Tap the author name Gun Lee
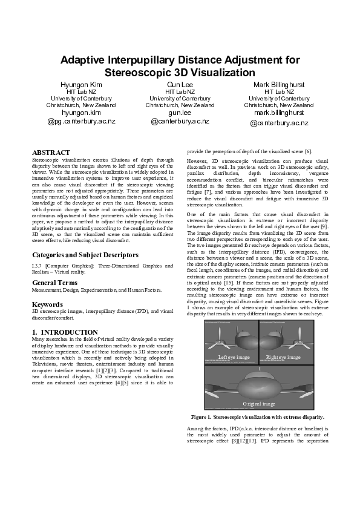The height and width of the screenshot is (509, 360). click(180, 84)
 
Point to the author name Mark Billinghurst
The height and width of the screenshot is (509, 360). click(279, 84)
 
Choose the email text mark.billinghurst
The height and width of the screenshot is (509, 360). click(279, 113)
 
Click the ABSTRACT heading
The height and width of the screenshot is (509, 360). click(51, 153)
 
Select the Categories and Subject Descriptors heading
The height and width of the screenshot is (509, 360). click(85, 255)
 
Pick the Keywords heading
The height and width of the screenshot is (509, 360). click(48, 304)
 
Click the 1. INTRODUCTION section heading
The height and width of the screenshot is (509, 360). click(65, 332)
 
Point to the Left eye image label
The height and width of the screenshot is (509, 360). click(234, 358)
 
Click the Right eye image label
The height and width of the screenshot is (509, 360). click(283, 358)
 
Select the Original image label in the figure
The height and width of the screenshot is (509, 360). click(259, 404)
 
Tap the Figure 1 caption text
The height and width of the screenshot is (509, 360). click(258, 417)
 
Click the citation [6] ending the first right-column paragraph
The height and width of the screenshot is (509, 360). click(308, 151)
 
